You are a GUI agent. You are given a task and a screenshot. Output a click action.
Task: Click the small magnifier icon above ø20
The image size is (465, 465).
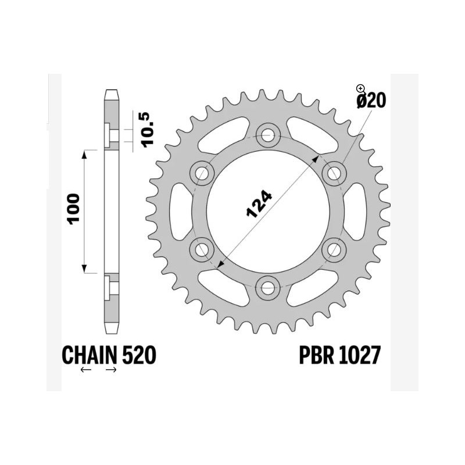pos(360,88)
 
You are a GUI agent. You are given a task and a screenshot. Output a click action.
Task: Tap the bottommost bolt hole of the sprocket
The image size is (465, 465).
pos(268,287)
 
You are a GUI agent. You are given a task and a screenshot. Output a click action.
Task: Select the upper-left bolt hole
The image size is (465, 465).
pos(202,173)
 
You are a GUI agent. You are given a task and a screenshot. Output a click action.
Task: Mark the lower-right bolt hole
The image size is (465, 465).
pos(334,249)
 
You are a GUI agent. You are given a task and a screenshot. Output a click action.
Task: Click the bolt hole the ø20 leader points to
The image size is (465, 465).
pos(334,173)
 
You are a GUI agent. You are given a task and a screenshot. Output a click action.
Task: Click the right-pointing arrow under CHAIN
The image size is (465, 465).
pos(112,370)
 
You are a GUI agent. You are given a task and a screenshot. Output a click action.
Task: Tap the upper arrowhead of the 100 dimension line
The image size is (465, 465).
pos(85,153)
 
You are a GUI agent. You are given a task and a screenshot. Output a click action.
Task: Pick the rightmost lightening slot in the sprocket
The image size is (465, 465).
pos(359,211)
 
